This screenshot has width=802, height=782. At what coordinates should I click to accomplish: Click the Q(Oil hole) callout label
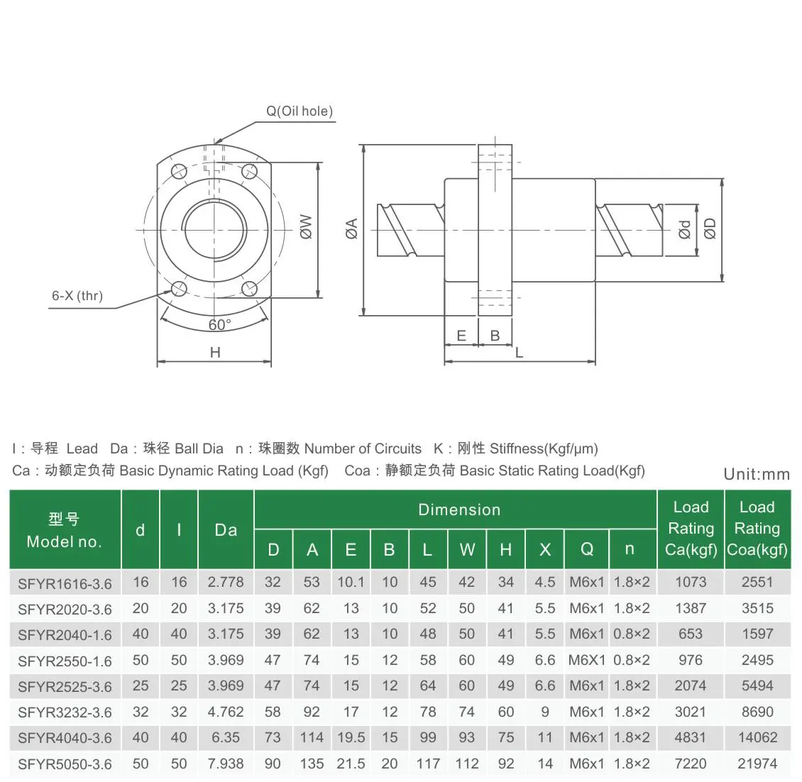(x=299, y=111)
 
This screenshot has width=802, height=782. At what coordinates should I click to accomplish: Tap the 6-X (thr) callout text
(x=77, y=296)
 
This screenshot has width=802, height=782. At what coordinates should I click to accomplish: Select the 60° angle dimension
(x=219, y=325)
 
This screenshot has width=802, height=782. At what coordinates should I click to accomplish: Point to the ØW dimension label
(x=306, y=226)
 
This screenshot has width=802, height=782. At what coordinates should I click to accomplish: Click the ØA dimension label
(x=351, y=228)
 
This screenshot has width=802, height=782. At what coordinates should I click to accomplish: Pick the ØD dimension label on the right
(x=710, y=228)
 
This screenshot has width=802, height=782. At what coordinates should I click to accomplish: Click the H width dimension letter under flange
(x=215, y=353)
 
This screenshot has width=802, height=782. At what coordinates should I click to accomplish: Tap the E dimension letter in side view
(x=461, y=336)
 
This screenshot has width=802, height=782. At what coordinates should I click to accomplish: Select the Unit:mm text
(x=756, y=475)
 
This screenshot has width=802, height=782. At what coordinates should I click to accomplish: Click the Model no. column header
(x=65, y=530)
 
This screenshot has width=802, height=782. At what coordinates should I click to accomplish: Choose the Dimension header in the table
(x=459, y=510)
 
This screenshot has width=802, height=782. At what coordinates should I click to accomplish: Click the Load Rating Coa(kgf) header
(x=757, y=529)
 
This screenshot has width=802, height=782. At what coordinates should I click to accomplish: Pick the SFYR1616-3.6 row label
(x=65, y=584)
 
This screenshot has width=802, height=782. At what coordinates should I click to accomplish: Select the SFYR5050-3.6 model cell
(x=65, y=764)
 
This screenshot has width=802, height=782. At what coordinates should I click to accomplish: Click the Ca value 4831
(x=690, y=737)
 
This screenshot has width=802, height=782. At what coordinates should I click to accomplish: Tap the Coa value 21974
(x=757, y=764)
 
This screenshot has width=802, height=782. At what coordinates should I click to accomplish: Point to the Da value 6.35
(x=226, y=737)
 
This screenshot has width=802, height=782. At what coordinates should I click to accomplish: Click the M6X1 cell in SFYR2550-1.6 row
(x=586, y=660)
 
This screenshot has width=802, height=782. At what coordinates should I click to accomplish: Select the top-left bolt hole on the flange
(x=179, y=171)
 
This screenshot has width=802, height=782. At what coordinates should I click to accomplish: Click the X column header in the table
(x=544, y=549)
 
